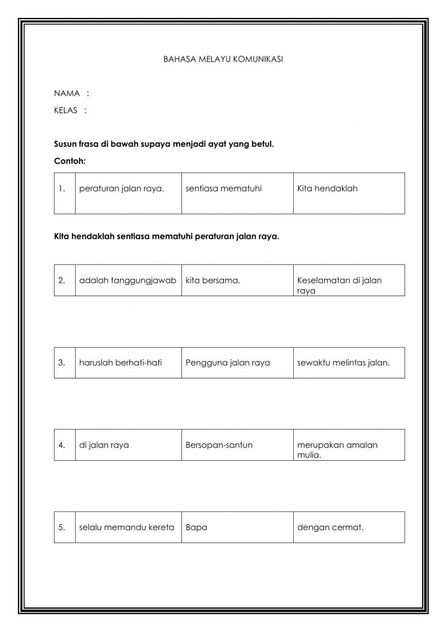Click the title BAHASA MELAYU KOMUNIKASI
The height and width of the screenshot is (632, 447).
[223, 59]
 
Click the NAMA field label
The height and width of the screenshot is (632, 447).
[67, 93]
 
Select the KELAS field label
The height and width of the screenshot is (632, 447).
[66, 110]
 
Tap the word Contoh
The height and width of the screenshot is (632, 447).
[69, 161]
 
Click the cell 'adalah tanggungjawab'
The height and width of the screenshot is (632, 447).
[128, 280]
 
